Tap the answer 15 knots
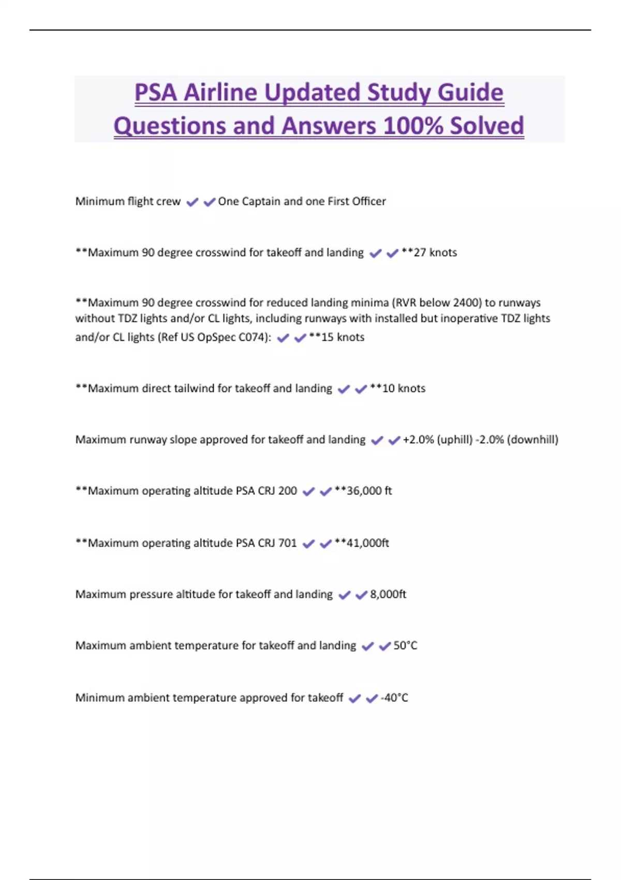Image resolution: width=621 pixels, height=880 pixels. tap(343, 338)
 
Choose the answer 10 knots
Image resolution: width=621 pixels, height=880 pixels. tap(403, 388)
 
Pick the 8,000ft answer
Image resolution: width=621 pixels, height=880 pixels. tap(388, 594)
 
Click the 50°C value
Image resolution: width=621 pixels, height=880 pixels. tap(405, 646)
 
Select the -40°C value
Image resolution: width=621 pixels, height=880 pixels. tap(394, 698)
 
